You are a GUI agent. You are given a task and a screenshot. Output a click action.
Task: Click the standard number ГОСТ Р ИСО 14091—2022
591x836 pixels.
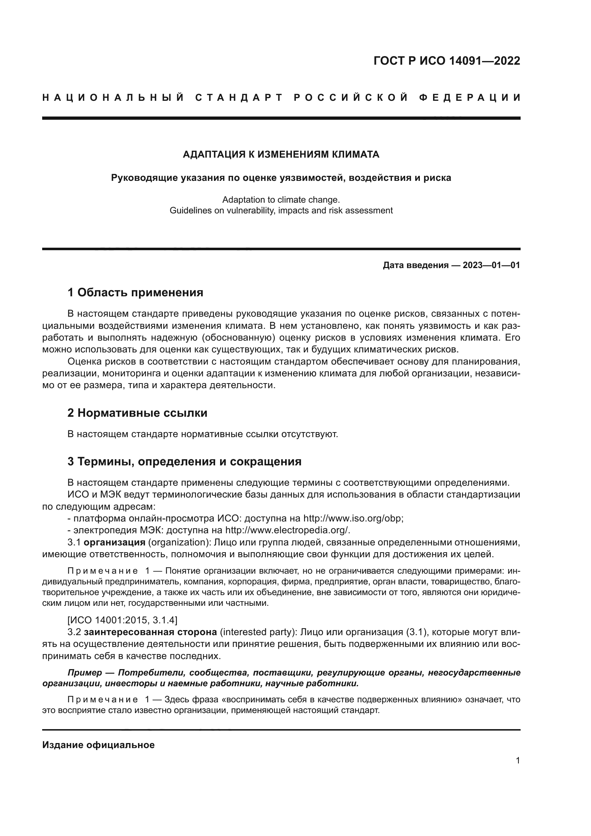pos(447,61)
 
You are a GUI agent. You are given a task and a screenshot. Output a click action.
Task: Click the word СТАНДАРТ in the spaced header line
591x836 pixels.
pos(239,98)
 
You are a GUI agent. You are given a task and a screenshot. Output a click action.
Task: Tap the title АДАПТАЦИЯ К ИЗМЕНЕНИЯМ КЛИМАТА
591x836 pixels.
pos(281,154)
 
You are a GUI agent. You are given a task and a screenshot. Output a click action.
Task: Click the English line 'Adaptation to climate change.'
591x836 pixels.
pos(281,200)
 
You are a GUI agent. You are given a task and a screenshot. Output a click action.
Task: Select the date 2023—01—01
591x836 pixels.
pos(491,265)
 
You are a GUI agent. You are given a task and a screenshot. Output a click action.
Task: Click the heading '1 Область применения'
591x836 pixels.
pos(135,292)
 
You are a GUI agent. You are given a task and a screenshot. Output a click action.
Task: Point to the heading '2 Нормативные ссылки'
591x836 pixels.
pos(137,413)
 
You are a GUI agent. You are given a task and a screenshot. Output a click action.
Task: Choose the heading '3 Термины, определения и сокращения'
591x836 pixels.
pos(184,461)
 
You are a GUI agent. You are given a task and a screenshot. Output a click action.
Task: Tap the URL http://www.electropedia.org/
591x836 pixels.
pos(287,530)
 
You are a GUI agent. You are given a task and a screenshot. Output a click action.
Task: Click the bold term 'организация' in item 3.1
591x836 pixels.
pos(114,542)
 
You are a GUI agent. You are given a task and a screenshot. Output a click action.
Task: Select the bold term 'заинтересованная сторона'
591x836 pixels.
pos(150,632)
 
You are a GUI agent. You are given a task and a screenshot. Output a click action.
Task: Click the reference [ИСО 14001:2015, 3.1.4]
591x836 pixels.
pos(122,620)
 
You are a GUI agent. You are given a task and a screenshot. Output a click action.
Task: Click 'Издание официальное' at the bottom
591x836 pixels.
pos(98,745)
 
